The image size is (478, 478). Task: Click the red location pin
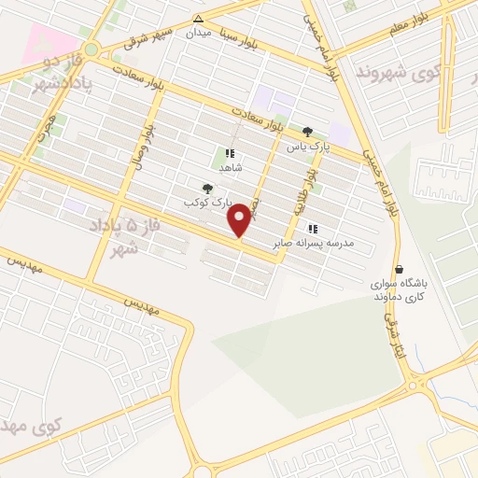pyautogui.click(x=241, y=220)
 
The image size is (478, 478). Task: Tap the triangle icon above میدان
pyautogui.click(x=198, y=19)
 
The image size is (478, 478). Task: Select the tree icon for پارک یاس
pyautogui.click(x=307, y=131)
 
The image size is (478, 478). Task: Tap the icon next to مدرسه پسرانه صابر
pyautogui.click(x=313, y=229)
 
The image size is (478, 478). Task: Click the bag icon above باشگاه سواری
pyautogui.click(x=400, y=269)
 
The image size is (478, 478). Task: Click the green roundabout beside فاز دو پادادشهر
pyautogui.click(x=91, y=49)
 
